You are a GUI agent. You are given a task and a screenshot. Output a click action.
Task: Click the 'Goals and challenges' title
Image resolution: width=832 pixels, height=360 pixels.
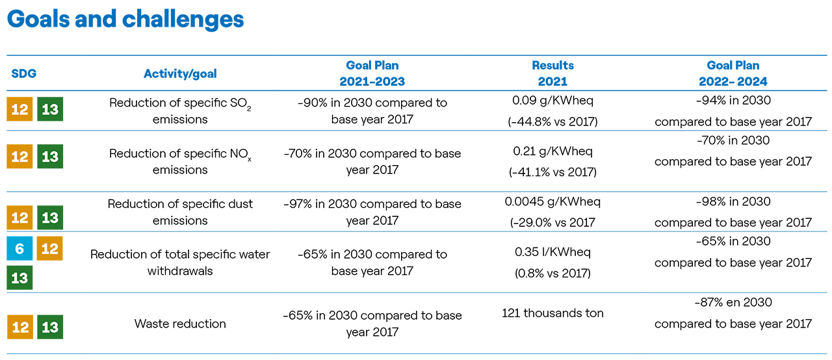pos(125,19)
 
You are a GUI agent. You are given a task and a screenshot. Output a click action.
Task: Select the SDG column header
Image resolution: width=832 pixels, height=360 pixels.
pos(24,73)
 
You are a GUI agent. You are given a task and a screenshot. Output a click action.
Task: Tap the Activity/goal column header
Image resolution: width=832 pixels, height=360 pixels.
pos(180,73)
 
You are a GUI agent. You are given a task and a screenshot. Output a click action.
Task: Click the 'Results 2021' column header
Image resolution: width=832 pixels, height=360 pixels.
pos(552,73)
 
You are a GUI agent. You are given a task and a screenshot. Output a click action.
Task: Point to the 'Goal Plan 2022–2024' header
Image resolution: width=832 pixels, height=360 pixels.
pos(733,73)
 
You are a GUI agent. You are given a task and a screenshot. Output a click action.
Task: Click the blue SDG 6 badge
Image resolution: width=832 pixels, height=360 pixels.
pos(19,248)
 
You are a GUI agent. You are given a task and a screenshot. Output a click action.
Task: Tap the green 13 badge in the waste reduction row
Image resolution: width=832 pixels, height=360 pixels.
pos(50,327)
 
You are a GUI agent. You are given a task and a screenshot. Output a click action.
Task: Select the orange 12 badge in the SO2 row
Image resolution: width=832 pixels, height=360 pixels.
pos(19,109)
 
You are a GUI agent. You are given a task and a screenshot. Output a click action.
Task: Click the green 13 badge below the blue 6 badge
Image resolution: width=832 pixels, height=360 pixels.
pos(19,277)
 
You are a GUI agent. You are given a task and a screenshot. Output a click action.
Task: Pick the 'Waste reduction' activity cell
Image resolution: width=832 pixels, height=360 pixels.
pos(180,324)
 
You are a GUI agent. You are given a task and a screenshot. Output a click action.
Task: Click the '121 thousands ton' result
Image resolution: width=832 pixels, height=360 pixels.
pos(552,313)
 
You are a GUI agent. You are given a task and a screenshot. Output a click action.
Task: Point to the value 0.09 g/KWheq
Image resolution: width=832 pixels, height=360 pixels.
pos(552,101)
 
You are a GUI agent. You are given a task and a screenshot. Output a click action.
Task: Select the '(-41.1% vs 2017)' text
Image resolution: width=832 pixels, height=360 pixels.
pos(552,172)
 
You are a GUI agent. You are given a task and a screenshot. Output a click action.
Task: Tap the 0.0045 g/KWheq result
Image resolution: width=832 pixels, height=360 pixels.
pos(552,201)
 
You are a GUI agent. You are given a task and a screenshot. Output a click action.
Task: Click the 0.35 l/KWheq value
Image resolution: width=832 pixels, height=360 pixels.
pos(552,252)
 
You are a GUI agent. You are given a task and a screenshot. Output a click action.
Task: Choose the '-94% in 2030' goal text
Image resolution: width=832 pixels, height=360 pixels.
pos(733,100)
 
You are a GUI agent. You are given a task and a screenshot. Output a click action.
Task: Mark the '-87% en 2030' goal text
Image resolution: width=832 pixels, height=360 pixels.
pos(733,302)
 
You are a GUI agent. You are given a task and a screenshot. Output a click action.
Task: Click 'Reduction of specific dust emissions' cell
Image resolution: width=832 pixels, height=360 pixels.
pos(180,212)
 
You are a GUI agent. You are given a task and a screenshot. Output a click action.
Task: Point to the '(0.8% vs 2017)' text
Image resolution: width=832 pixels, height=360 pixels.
pos(552,273)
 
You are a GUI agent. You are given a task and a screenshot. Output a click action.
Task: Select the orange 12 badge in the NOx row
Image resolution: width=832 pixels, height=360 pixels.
pos(19,156)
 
